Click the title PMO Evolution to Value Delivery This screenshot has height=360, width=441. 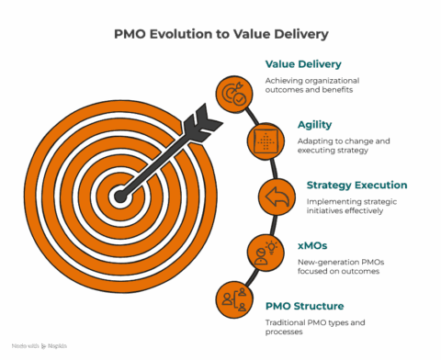[x=220, y=34]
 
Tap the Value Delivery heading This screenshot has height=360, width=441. [x=303, y=64]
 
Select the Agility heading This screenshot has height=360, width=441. [x=314, y=124]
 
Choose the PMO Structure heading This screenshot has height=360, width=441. [x=304, y=305]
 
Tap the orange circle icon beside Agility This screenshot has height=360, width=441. [x=264, y=141]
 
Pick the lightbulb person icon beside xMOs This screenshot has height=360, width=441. [x=264, y=251]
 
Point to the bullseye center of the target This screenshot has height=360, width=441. [x=119, y=196]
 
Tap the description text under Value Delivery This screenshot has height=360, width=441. [x=309, y=85]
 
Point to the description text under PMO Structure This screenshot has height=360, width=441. [x=307, y=326]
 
